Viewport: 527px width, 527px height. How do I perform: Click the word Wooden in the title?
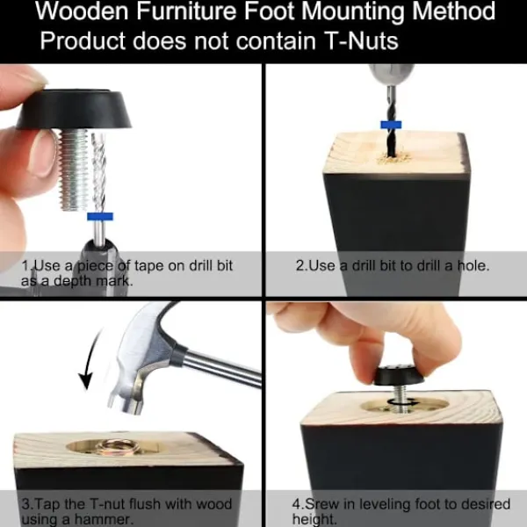pos(82,11)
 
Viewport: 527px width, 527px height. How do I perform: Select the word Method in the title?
pos(453,11)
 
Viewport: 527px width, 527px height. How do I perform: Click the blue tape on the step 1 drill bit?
pos(100,216)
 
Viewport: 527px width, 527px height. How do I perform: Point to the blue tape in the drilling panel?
pos(391,125)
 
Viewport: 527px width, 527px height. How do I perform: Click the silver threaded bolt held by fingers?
pos(75,170)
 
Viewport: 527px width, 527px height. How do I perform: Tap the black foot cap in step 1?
pos(74,109)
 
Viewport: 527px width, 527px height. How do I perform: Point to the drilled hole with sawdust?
pos(393,157)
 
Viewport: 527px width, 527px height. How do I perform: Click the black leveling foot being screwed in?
pos(400,375)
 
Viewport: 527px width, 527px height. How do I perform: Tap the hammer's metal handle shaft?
pos(219,365)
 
